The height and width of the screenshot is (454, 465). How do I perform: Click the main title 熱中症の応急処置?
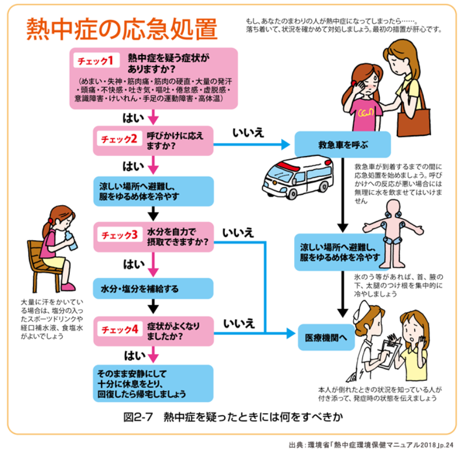pyautogui.click(x=121, y=29)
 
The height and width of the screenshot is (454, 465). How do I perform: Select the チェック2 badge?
pyautogui.click(x=118, y=139)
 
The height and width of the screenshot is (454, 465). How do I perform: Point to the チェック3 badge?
pyautogui.click(x=118, y=235)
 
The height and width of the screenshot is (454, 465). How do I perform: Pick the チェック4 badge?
pyautogui.click(x=118, y=328)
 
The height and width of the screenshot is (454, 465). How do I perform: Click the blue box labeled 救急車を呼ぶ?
pyautogui.click(x=343, y=145)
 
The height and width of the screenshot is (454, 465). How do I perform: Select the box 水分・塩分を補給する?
pyautogui.click(x=153, y=288)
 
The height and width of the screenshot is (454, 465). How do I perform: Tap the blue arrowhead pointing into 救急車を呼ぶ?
pyautogui.click(x=285, y=145)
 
